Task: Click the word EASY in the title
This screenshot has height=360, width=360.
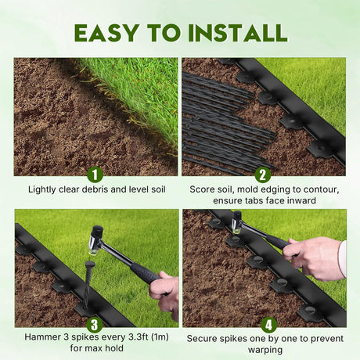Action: (106, 33)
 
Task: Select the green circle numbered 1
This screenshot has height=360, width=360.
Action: (95, 175)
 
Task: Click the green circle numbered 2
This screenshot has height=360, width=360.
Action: (262, 175)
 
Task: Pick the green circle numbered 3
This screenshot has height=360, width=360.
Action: (95, 325)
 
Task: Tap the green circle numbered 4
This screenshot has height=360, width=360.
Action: (268, 325)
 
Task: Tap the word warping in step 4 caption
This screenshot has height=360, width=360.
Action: (265, 350)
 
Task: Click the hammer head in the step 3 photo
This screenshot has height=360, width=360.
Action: (95, 240)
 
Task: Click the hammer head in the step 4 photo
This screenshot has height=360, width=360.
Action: (237, 222)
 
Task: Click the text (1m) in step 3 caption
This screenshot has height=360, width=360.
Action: (160, 337)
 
